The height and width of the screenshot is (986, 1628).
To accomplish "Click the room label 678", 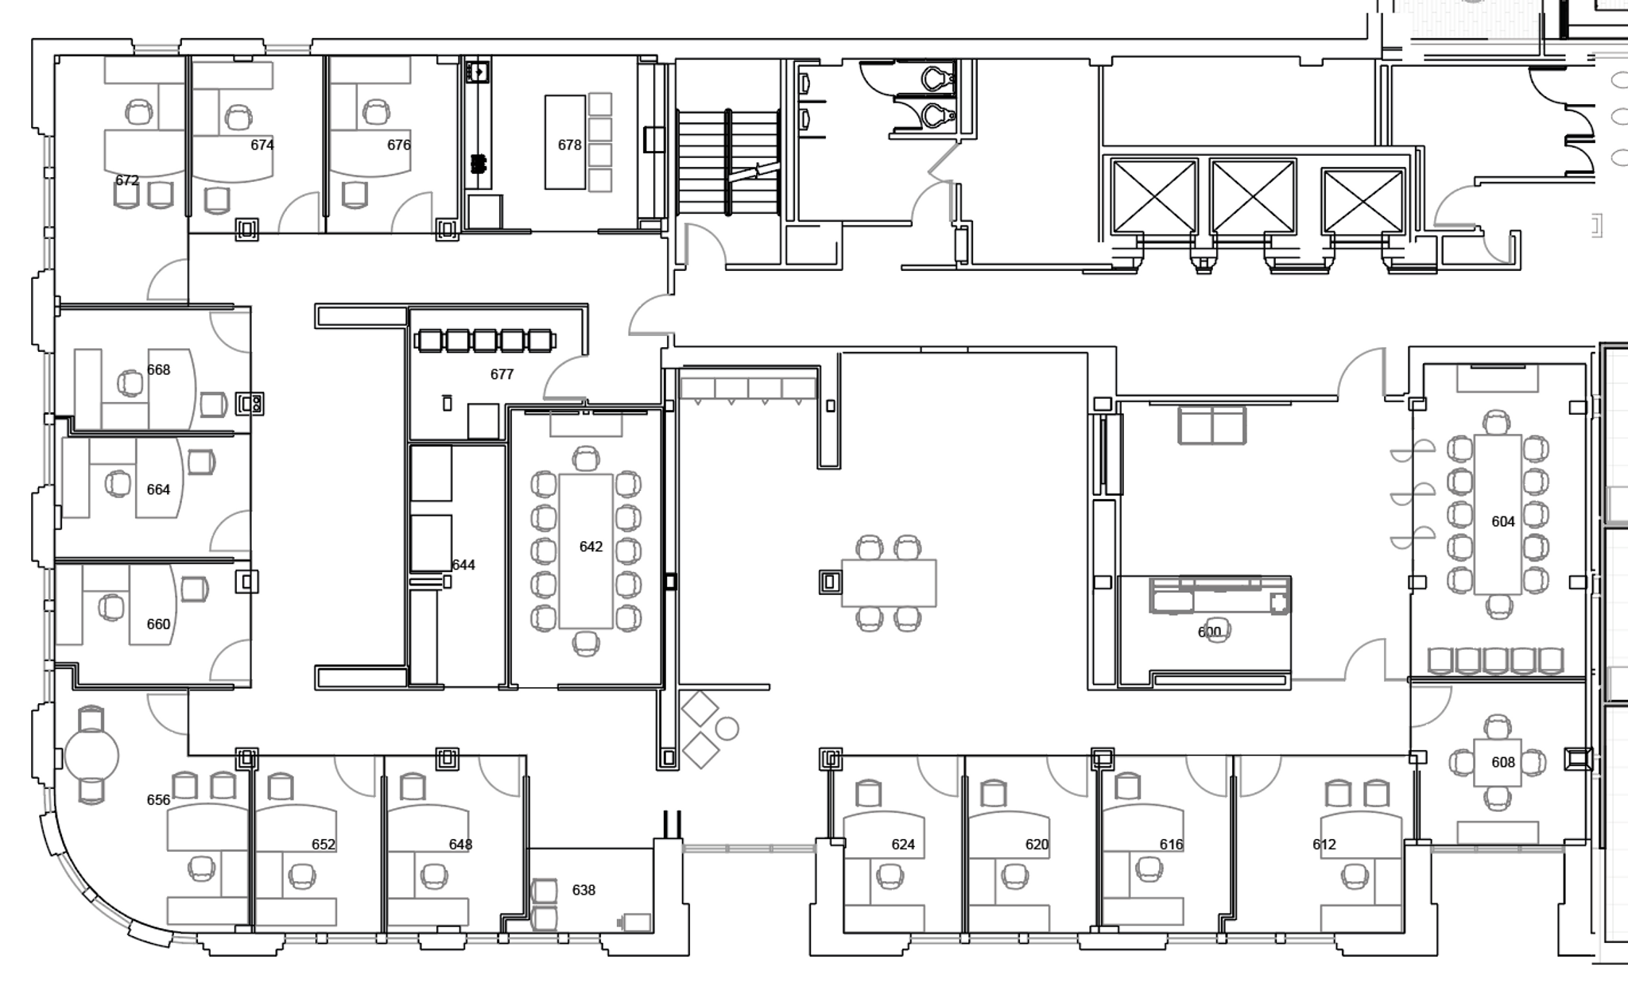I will pos(569,145).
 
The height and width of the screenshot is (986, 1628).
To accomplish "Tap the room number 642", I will pos(591,547).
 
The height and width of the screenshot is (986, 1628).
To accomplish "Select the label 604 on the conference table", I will pos(1502,521).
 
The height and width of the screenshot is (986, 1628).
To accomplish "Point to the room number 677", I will pos(502,374).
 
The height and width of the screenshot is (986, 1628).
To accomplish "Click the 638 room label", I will pos(583,890).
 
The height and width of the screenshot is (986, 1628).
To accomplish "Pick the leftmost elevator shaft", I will pos(1154,195).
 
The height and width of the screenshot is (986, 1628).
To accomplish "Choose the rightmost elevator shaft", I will pos(1362,200).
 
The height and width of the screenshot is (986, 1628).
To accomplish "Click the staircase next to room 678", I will pos(727,163).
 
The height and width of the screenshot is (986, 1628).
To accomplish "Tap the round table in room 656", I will pos(91,756).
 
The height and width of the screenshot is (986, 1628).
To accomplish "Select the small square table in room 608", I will pos(1498,762).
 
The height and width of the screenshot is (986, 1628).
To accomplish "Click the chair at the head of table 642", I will pos(586,459).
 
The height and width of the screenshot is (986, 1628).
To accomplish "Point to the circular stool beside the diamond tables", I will pos(727,728).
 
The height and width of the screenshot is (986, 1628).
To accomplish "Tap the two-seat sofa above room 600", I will pos(1211,425).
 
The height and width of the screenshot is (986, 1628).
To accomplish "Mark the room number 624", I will pos(903,845).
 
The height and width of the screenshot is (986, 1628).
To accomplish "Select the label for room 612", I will pos(1324,845).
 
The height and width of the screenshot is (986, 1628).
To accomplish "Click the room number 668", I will pos(158,369).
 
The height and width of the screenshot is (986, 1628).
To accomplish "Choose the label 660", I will pos(158,624).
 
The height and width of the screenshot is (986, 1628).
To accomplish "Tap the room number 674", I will pos(262,145).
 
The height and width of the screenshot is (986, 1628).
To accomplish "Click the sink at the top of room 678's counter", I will pos(478,72).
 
